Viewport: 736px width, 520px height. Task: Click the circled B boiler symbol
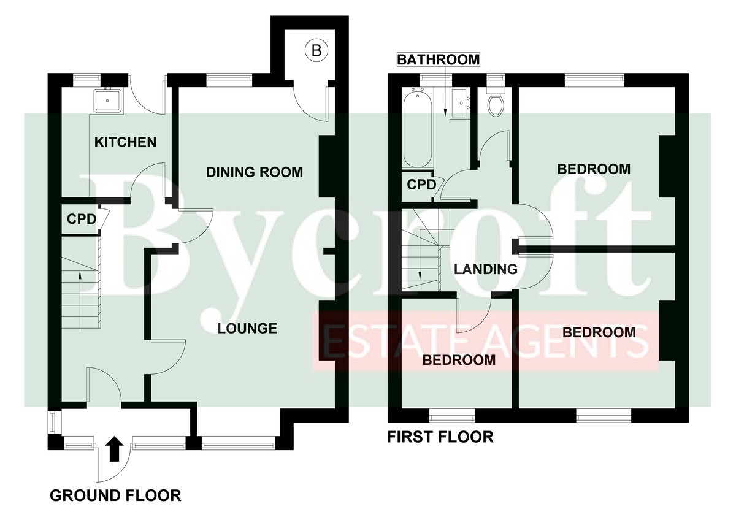[x=316, y=50]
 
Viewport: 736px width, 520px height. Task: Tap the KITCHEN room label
[x=125, y=142]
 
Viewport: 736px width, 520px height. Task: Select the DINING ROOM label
[x=255, y=172]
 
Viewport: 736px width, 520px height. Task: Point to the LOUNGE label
[x=247, y=328]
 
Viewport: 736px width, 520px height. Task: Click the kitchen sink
[x=108, y=100]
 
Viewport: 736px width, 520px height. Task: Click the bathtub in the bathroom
[x=417, y=130]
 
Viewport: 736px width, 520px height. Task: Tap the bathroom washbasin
[x=461, y=103]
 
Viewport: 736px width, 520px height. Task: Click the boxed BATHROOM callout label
[x=439, y=59]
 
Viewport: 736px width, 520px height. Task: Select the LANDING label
[x=486, y=269]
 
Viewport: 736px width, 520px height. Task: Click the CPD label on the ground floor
[x=82, y=219]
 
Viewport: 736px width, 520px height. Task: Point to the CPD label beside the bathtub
[x=421, y=185]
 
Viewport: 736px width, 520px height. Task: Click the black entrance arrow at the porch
[x=114, y=449]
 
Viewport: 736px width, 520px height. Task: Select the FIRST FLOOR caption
[x=440, y=437]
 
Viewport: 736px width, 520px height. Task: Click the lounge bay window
[x=238, y=445]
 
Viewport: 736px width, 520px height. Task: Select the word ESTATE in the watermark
[x=372, y=342]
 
